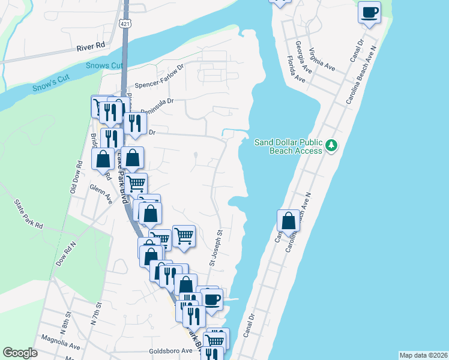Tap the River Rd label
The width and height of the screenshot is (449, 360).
click(91, 45)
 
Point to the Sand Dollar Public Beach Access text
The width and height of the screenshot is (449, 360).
click(289, 146)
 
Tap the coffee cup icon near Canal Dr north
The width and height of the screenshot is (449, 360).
click(369, 11)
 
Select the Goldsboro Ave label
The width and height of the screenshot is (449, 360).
click(170, 351)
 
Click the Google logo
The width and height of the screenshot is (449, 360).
click(20, 353)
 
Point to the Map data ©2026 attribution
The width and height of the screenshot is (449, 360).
click(423, 355)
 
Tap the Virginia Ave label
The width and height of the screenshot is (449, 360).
click(322, 59)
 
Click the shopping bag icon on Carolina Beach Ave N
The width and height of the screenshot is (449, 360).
click(288, 220)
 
